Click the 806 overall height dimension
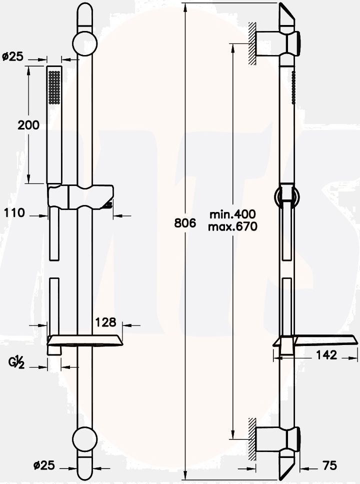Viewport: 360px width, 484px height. click(184, 223)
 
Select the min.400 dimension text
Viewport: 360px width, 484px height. click(232, 214)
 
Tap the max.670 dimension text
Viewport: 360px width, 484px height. click(232, 227)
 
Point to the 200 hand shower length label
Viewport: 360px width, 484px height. click(28, 125)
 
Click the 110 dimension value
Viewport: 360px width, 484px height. click(14, 213)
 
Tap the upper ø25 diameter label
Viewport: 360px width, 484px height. click(12, 56)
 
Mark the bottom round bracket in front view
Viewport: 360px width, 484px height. click(84, 439)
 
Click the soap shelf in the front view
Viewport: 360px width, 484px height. click(84, 341)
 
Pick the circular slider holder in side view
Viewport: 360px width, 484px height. click(286, 196)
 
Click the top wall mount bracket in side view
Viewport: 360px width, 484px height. click(277, 43)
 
